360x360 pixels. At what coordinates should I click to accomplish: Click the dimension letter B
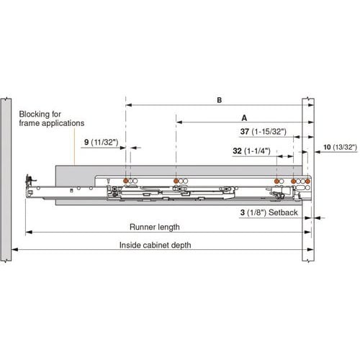coord(219,102)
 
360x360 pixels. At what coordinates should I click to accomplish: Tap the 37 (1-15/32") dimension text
coord(264,132)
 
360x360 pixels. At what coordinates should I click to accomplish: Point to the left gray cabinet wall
coord(5,180)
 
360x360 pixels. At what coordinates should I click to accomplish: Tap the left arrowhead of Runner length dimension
coord(29,231)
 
